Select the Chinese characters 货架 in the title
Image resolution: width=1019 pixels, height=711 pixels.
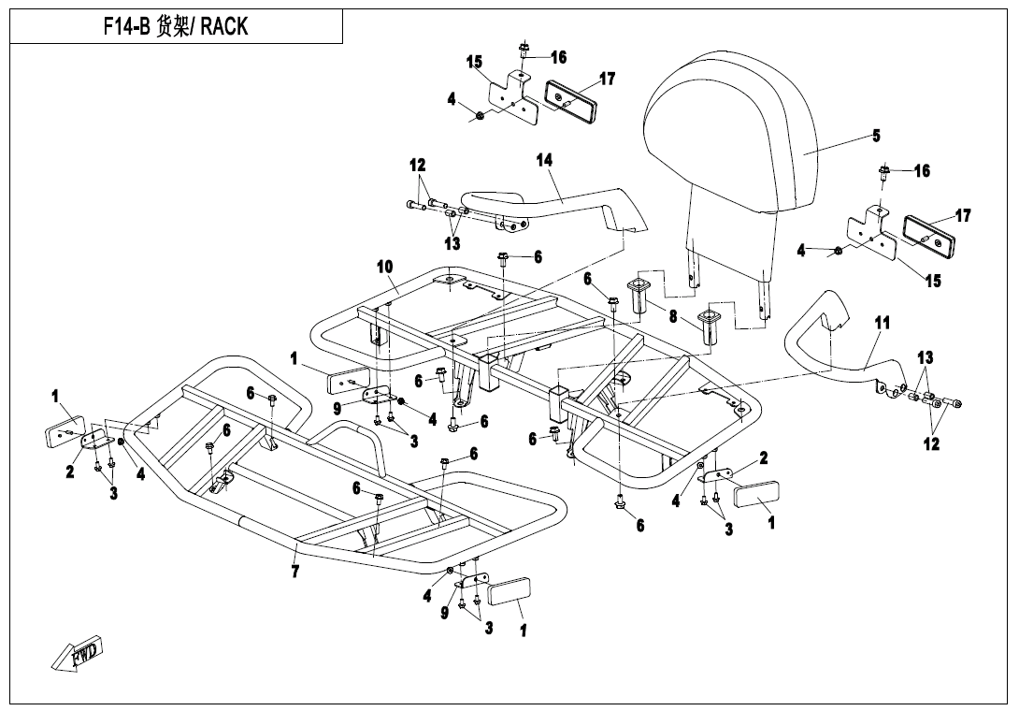coord(174,27)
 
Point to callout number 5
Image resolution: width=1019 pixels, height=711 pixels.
coord(876,136)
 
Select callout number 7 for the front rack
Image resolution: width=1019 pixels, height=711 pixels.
coord(295,572)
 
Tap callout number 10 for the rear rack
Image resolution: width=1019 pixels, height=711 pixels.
coord(384,267)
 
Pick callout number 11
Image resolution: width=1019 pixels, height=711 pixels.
coord(882,324)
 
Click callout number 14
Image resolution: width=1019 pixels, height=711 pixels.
coord(544,160)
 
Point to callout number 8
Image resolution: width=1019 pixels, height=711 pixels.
coord(672,316)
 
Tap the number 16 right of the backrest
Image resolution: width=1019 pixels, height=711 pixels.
coord(922,171)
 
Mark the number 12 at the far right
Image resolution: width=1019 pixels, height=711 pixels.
coord(931,444)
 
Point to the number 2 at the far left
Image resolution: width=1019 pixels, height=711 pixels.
coord(70,472)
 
